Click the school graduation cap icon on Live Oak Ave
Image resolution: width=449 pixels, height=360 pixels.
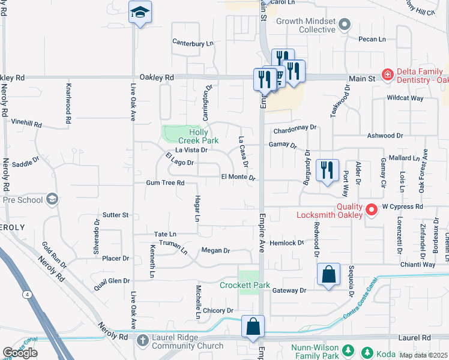coord(140,13)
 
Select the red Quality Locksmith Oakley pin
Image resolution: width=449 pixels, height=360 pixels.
coord(372,209)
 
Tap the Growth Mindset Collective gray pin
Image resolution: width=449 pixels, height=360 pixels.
coord(344,25)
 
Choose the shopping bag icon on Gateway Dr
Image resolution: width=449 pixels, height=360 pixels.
coord(328,275)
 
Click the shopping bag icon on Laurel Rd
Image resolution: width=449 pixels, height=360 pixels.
coord(253,328)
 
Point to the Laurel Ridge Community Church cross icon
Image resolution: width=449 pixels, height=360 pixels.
coord(142,340)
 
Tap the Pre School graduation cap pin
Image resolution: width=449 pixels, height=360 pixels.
coord(52,199)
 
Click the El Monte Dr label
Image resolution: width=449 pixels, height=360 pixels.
coord(238,178)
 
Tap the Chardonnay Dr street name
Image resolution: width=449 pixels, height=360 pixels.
coord(294,128)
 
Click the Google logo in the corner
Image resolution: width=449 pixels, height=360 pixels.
coord(20,353)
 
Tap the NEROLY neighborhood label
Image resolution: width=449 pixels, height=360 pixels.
coord(13,227)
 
